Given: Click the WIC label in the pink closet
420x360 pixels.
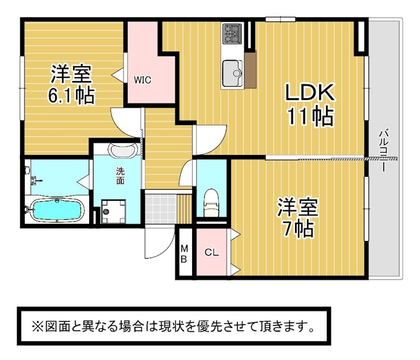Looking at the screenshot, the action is coord(142,80).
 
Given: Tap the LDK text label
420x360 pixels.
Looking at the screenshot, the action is coord(310,92).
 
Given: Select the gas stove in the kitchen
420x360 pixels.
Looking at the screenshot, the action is coord(232,34).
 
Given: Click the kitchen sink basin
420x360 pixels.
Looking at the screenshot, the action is coord(233,73).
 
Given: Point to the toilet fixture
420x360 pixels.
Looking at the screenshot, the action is coord(212,203).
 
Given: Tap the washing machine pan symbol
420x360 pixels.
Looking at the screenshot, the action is coord(113,211).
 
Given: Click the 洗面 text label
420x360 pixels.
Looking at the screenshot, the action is coord(120,176).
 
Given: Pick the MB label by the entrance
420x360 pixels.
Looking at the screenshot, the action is coord(184,254).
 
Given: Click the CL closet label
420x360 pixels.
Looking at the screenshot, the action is coord(212,252).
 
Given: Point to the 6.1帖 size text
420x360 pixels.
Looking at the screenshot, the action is coord(71,95).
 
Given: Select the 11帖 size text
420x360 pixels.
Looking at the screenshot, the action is coord(310,116).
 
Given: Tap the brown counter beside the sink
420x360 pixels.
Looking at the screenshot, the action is coord(251,69).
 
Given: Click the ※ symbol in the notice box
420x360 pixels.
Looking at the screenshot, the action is coord(37,326).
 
